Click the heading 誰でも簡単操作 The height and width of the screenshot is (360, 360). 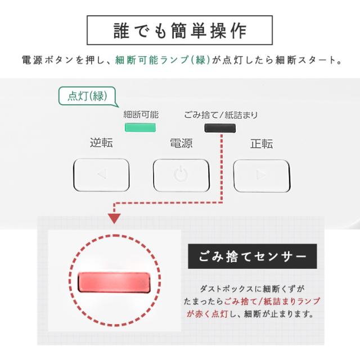(x=179, y=30)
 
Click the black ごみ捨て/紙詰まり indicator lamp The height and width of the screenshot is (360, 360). (x=220, y=128)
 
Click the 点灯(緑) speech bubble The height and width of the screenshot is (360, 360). (x=87, y=95)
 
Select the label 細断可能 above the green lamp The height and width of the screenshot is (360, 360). (x=141, y=115)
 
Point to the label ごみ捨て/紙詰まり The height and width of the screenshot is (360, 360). (x=220, y=115)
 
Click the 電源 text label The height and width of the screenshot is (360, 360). (x=181, y=143)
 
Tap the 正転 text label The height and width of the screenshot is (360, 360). (x=261, y=143)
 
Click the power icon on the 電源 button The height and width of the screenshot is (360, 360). (x=181, y=174)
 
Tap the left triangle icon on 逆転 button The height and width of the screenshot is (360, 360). (x=101, y=174)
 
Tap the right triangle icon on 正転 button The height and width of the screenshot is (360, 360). (x=261, y=174)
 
